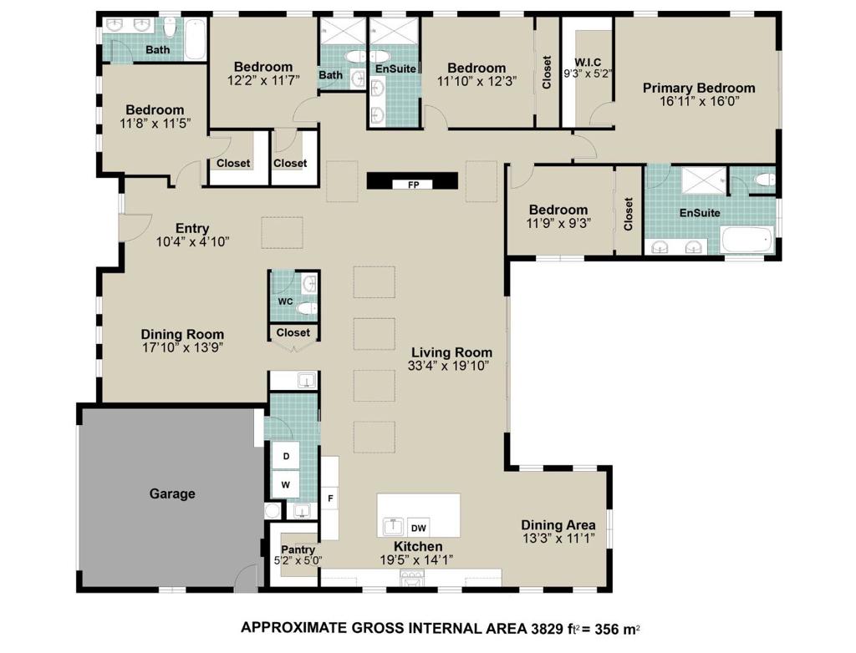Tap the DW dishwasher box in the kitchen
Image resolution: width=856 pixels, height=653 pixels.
pyautogui.click(x=419, y=528)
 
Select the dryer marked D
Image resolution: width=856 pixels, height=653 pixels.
pyautogui.click(x=285, y=456)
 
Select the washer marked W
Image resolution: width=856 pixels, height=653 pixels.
pyautogui.click(x=285, y=483)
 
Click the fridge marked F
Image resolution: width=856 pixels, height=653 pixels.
pyautogui.click(x=330, y=499)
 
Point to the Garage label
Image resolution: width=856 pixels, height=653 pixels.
pyautogui.click(x=172, y=494)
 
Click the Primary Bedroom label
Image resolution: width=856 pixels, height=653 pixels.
pyautogui.click(x=698, y=88)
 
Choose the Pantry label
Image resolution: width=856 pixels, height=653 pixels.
pyautogui.click(x=298, y=549)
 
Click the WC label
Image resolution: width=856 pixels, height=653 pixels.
pyautogui.click(x=284, y=301)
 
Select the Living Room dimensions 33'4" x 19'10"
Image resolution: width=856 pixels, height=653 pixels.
pyautogui.click(x=450, y=366)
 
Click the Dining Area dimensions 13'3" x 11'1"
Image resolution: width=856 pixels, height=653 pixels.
pyautogui.click(x=558, y=539)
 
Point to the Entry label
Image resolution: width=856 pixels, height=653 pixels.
pyautogui.click(x=191, y=228)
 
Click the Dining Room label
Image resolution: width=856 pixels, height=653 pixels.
pyautogui.click(x=182, y=334)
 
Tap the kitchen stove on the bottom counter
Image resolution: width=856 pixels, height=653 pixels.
pyautogui.click(x=413, y=579)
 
